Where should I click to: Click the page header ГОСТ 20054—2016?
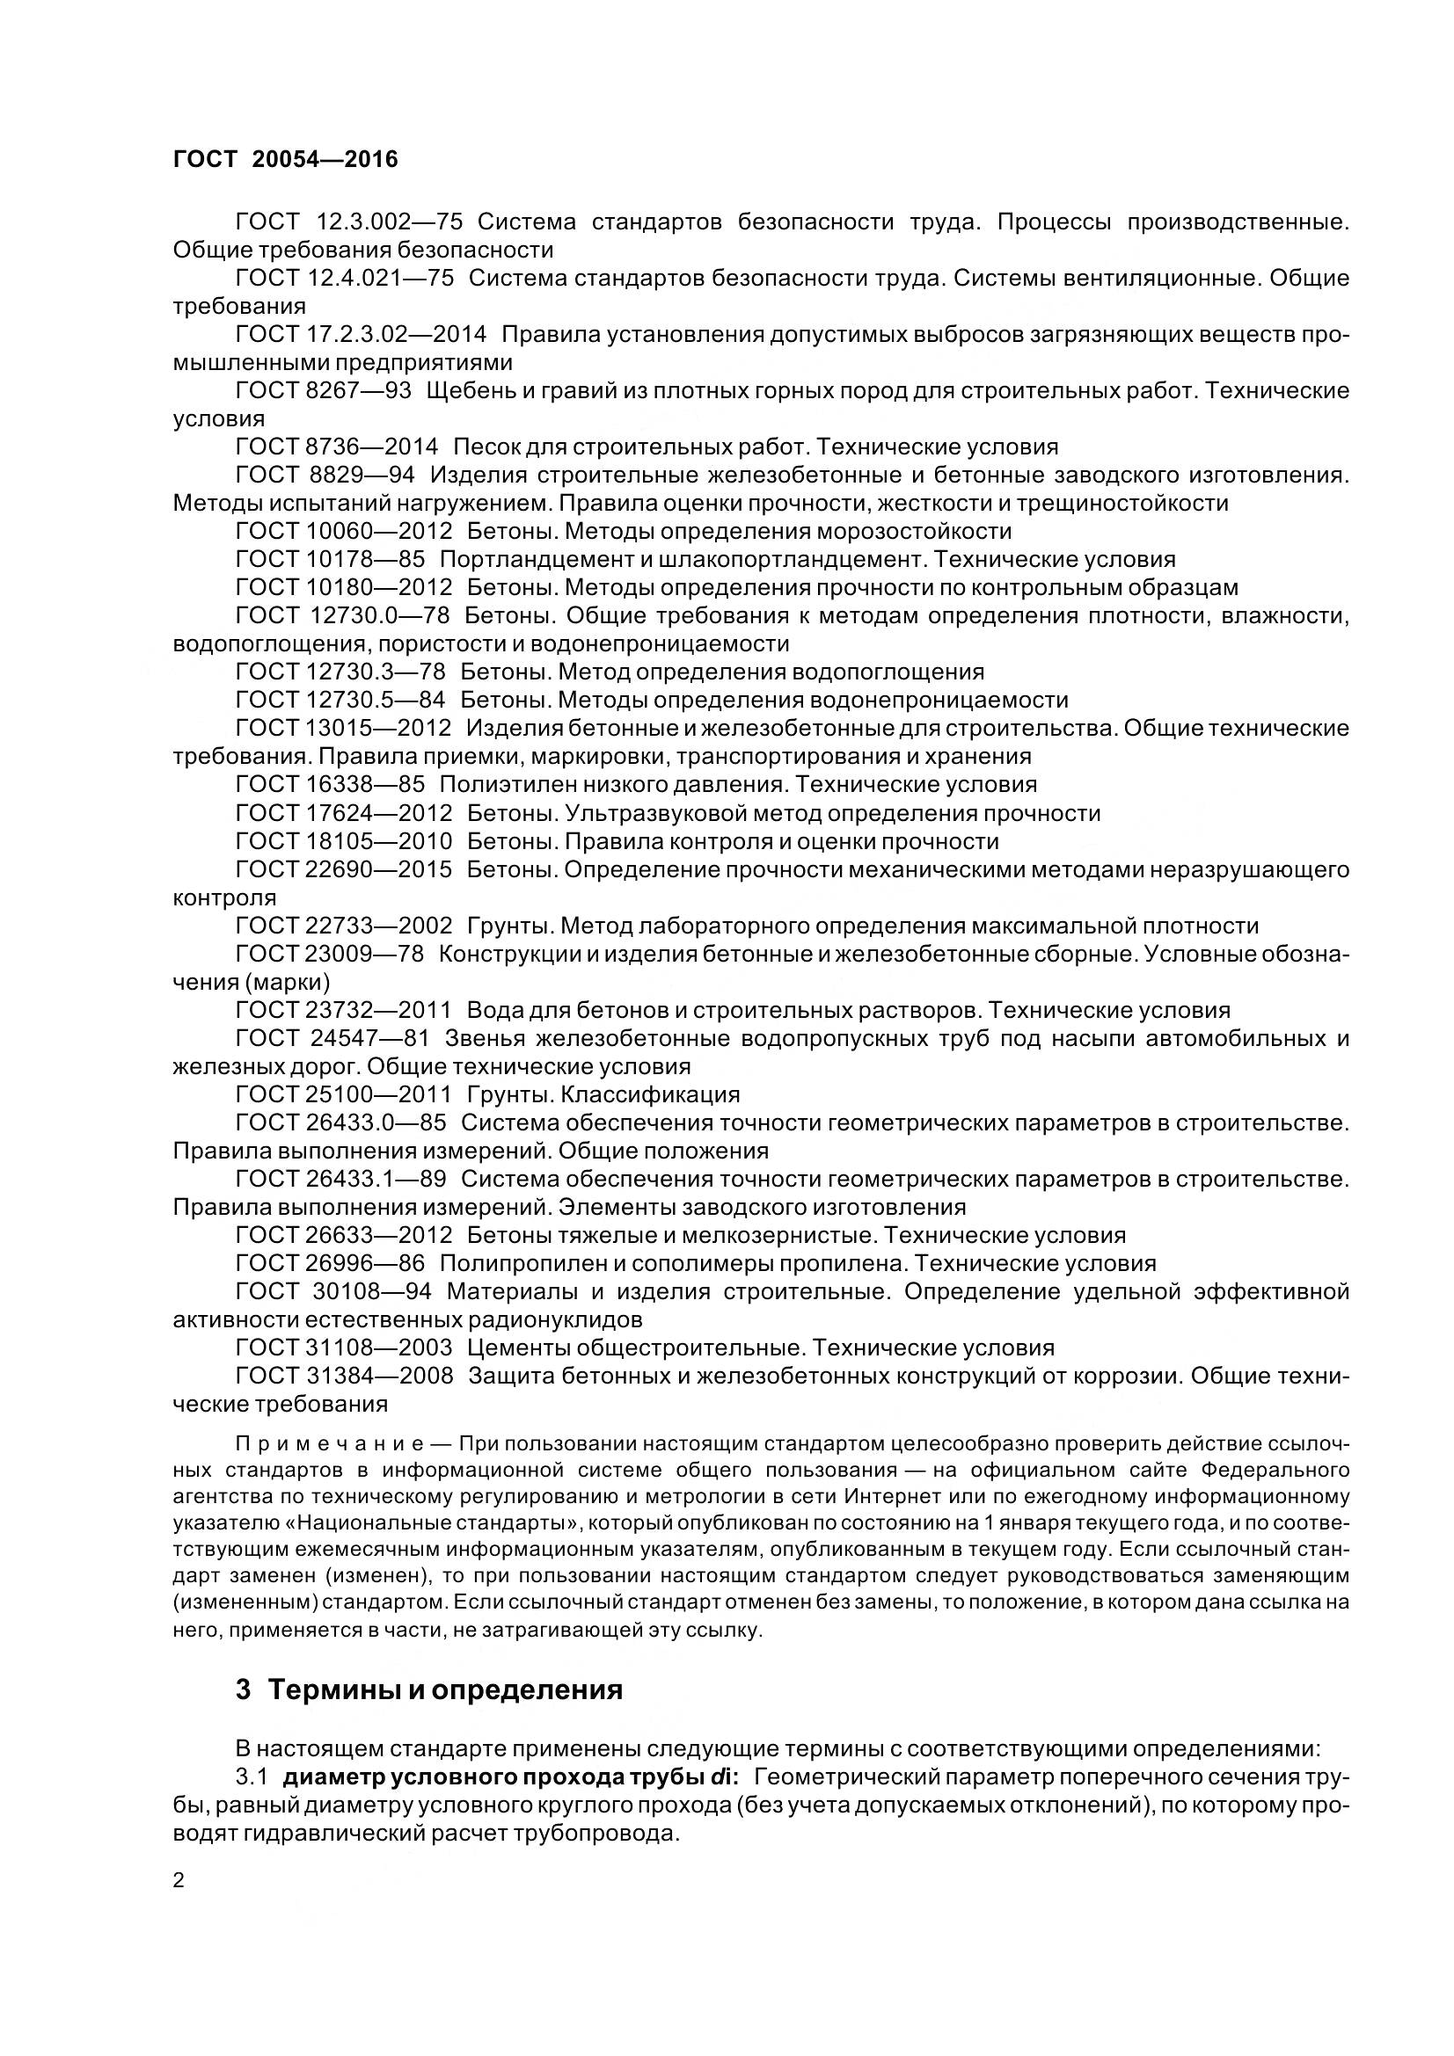click(x=285, y=159)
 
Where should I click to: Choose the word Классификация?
click(x=650, y=1095)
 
